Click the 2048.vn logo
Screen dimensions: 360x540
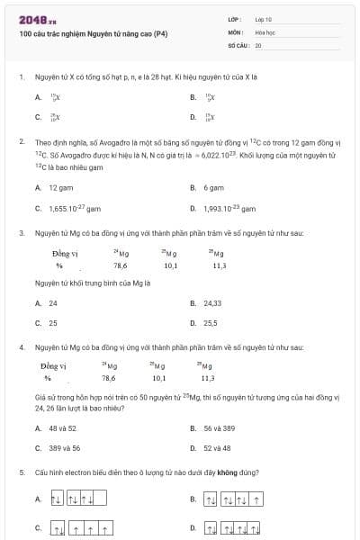[x=39, y=20]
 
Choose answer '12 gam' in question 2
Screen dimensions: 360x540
[x=60, y=188]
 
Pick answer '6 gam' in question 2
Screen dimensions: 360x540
[x=213, y=188]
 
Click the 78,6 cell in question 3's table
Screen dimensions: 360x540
[x=120, y=265]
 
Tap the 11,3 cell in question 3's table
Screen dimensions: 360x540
[x=219, y=265]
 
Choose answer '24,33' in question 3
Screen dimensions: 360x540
[x=212, y=303]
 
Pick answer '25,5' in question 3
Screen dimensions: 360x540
[x=211, y=322]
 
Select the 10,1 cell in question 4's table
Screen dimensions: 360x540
[x=158, y=378]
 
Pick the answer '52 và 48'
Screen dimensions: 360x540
[x=217, y=447]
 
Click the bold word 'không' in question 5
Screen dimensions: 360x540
[x=227, y=472]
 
